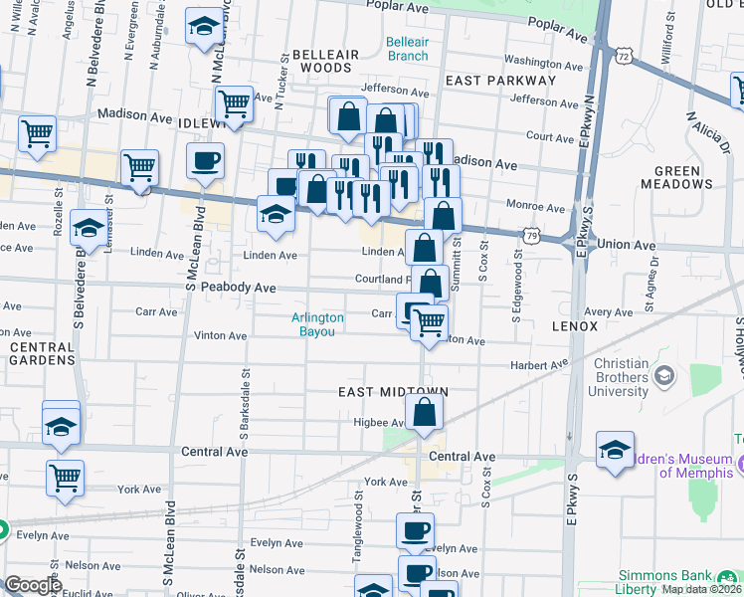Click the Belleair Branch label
(408, 49)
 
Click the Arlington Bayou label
(317, 324)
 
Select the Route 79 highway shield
(533, 236)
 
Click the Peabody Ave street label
(238, 288)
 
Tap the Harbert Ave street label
(538, 366)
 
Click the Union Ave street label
(627, 245)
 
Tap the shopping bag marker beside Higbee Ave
(424, 413)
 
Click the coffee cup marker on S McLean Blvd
(205, 161)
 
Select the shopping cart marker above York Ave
(65, 477)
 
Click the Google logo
(33, 586)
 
